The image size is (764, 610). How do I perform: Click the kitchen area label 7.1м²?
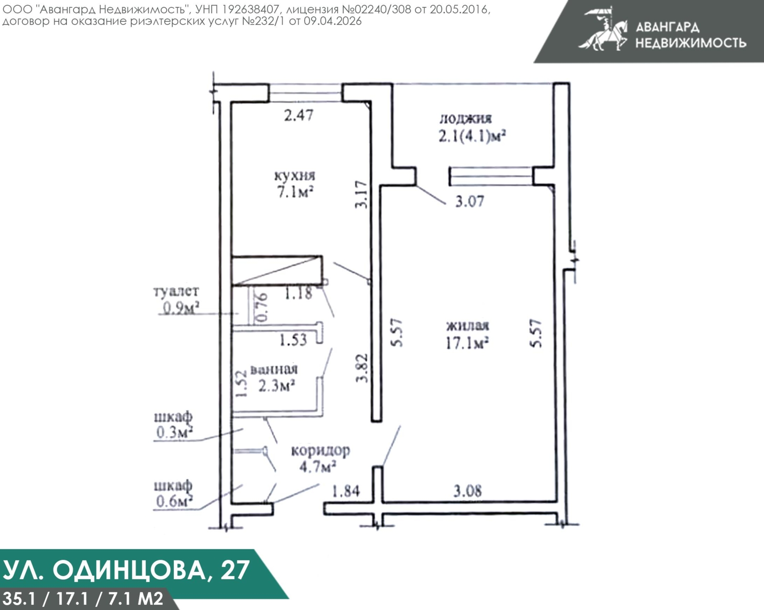(x=295, y=192)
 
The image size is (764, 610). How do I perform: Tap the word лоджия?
(x=465, y=118)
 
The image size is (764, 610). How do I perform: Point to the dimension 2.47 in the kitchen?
(x=298, y=115)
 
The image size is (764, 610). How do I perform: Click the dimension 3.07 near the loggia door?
(x=469, y=201)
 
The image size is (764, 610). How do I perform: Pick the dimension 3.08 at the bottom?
(x=467, y=491)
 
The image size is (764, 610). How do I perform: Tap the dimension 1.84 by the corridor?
(x=346, y=491)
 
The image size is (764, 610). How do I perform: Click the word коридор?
(x=320, y=450)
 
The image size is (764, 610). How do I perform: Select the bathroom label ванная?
(x=274, y=370)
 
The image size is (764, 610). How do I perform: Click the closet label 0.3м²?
(x=174, y=433)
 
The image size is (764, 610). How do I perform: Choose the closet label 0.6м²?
(x=174, y=502)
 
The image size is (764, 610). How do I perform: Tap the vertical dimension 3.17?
(x=362, y=194)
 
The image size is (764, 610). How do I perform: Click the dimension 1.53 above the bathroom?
(x=293, y=340)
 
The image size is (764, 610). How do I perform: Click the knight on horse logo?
(x=604, y=30)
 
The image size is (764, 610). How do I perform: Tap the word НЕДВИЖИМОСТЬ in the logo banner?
(x=690, y=43)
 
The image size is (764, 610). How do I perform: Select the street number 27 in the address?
(x=235, y=569)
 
